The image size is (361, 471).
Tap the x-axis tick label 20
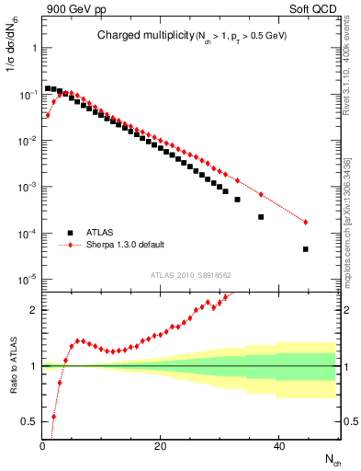161,448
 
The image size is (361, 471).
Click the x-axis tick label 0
42,448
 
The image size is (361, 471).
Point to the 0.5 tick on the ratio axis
30,421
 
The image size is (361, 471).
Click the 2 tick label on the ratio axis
34,310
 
